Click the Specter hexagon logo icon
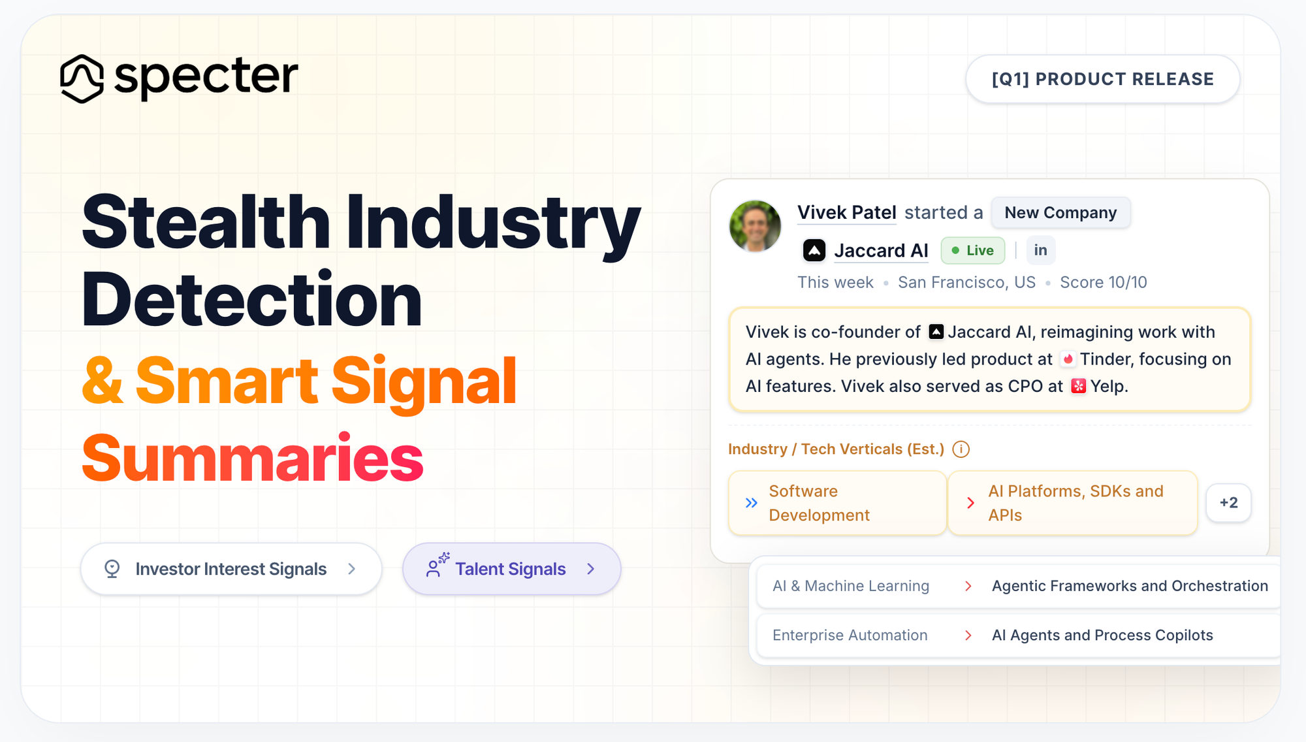click(x=82, y=78)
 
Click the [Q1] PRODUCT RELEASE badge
click(x=1102, y=79)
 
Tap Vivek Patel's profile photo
click(x=756, y=226)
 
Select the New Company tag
click(x=1060, y=213)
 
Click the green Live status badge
click(x=972, y=251)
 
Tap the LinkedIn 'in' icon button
click(x=1040, y=250)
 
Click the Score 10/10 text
click(x=1103, y=282)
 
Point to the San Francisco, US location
click(x=966, y=282)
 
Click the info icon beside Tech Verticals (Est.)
click(x=961, y=449)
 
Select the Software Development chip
click(x=837, y=503)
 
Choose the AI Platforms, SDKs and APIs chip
click(x=1072, y=503)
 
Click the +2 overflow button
click(x=1228, y=503)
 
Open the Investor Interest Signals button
click(x=231, y=569)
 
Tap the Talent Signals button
click(x=511, y=569)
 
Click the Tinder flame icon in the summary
click(x=1068, y=359)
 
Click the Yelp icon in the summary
click(x=1079, y=386)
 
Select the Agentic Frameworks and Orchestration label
click(x=1130, y=586)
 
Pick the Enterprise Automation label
click(x=850, y=635)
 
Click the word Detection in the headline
click(x=251, y=300)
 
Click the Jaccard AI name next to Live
click(x=881, y=251)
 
